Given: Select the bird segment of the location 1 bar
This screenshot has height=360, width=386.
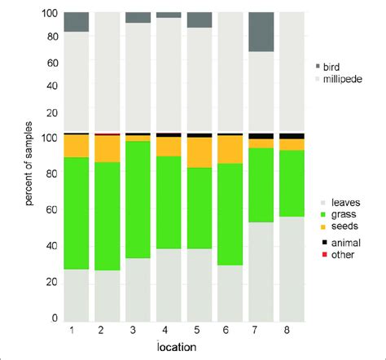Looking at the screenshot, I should point(76,22).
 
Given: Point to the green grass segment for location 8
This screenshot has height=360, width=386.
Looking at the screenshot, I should point(292,183).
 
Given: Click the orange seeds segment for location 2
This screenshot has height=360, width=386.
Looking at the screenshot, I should point(107,149).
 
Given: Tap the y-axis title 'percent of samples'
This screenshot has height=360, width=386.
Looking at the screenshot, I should point(29,165).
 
